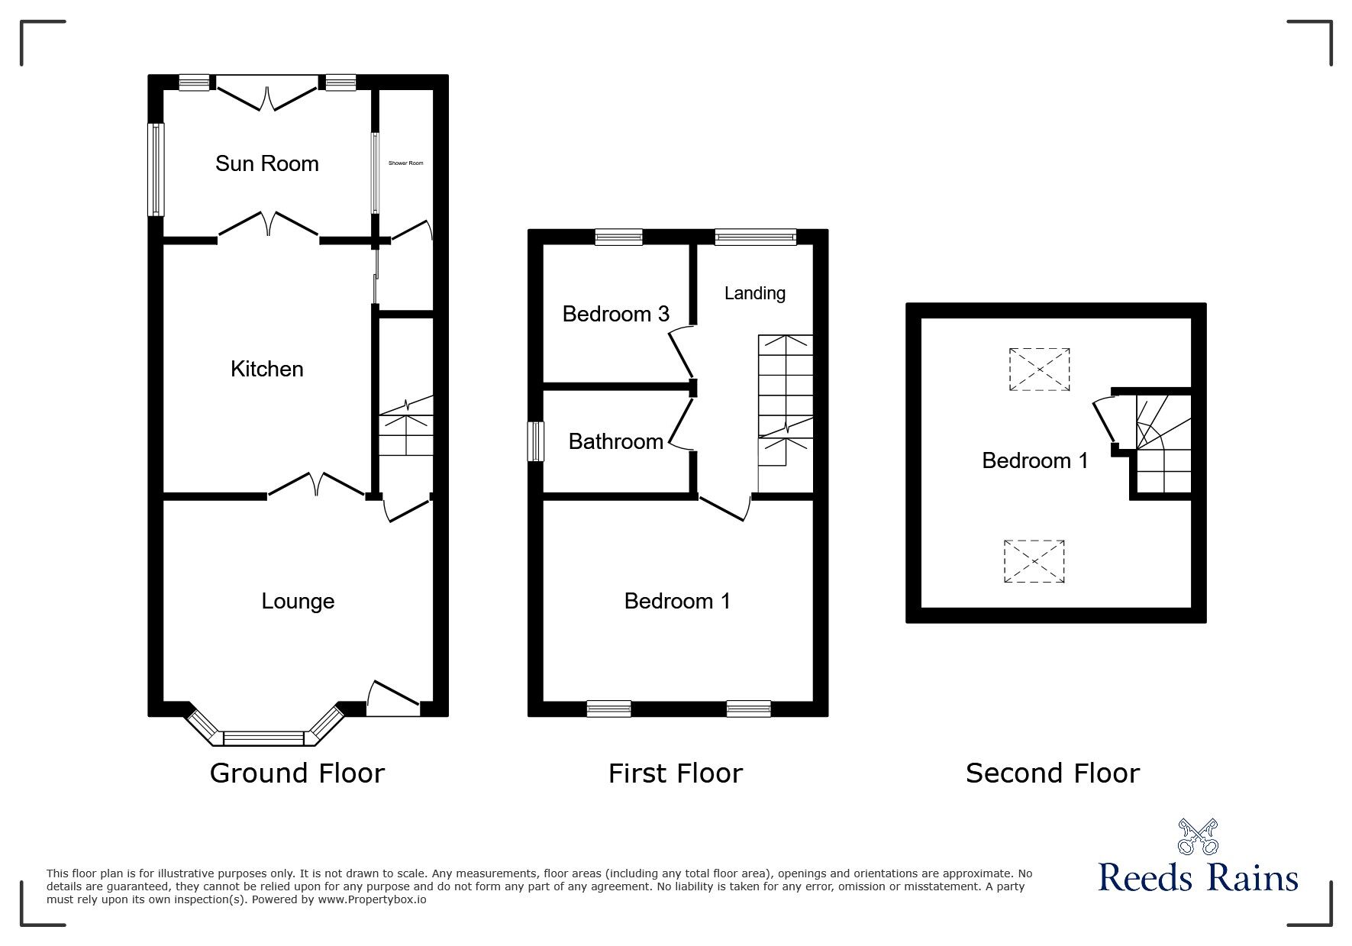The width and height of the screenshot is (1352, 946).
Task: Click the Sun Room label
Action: [x=266, y=163]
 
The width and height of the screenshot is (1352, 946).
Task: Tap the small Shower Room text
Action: [x=405, y=163]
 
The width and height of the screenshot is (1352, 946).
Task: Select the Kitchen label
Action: [x=266, y=370]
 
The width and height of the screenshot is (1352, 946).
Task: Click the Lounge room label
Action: [x=298, y=602]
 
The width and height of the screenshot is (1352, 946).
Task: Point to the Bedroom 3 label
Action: [x=615, y=314]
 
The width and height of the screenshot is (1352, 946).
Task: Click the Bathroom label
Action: [x=615, y=441]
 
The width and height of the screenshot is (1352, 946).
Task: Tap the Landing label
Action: [x=754, y=293]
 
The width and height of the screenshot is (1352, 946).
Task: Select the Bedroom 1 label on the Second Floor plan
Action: [x=1034, y=460]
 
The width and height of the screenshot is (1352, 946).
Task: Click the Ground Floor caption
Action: [x=297, y=773]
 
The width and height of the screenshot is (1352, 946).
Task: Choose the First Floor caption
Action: [x=675, y=773]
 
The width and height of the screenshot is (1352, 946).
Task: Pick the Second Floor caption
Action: [x=1052, y=773]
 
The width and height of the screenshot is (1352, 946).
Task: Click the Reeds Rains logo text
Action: [x=1198, y=877]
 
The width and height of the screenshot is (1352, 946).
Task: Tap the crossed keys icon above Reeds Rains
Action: [x=1198, y=837]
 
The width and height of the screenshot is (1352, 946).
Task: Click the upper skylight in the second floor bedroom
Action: [x=1039, y=370]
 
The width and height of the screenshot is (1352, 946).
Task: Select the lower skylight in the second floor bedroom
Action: [x=1034, y=561]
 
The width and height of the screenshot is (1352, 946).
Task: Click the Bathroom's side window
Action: [x=537, y=441]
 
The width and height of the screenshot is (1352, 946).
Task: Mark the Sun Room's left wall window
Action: [x=156, y=169]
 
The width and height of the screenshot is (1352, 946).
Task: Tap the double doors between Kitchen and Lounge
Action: [x=316, y=486]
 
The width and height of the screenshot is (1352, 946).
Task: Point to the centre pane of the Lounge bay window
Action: [x=263, y=738]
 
